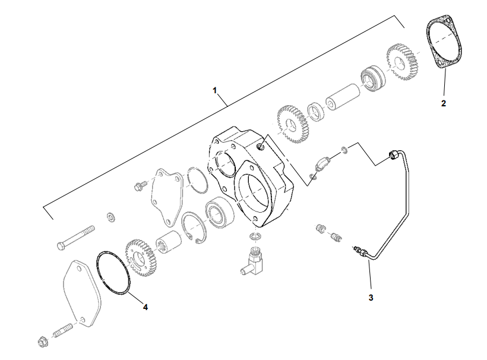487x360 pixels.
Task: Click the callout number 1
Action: (x=214, y=90)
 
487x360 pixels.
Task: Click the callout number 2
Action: (x=444, y=103)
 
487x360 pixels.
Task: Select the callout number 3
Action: (x=371, y=297)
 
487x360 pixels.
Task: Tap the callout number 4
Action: (x=146, y=307)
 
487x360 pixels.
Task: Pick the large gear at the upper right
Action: (x=403, y=62)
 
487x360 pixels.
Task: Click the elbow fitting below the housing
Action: (x=252, y=260)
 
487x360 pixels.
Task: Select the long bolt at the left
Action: (x=75, y=238)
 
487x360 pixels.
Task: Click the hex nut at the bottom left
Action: (x=42, y=342)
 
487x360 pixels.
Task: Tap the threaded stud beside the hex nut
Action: (x=63, y=330)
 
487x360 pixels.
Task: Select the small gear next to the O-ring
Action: (x=141, y=258)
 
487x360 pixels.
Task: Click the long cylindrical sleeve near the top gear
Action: (x=343, y=97)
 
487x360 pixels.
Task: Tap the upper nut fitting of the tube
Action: (x=394, y=154)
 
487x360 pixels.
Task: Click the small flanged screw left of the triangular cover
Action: (x=140, y=186)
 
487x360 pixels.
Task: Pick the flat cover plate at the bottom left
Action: (x=83, y=293)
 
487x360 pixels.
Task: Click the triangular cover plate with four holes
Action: (x=166, y=196)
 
